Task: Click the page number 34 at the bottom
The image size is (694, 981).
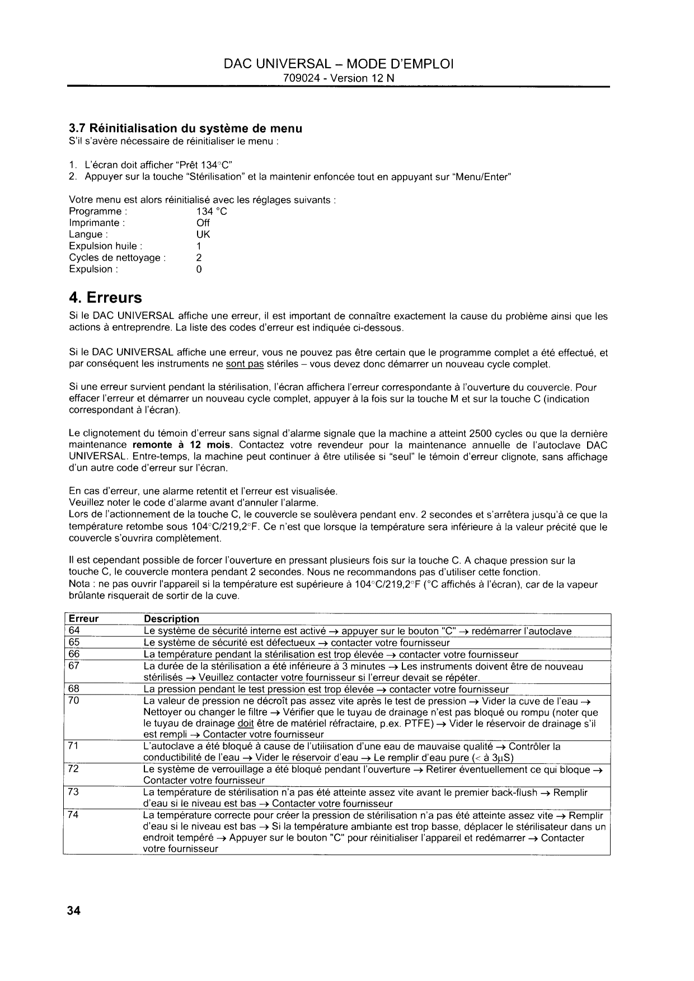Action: click(x=74, y=911)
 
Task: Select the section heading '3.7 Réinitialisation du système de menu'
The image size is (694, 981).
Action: click(x=185, y=129)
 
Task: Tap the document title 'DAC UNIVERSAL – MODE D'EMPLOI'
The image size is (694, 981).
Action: click(x=339, y=64)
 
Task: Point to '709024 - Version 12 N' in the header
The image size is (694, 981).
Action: click(x=339, y=78)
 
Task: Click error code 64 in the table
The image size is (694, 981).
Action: click(x=74, y=631)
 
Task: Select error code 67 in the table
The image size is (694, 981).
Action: click(x=74, y=666)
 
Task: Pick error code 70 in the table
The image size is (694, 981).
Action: click(x=74, y=701)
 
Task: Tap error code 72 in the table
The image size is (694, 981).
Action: click(x=74, y=769)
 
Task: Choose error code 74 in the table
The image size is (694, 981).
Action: click(x=74, y=815)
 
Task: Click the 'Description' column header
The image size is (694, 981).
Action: click(x=171, y=619)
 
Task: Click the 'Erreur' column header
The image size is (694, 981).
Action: click(x=83, y=619)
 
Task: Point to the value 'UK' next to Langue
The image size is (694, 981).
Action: click(x=203, y=234)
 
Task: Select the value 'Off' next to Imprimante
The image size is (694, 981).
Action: click(x=203, y=223)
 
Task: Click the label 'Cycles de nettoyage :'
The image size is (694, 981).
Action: click(x=117, y=258)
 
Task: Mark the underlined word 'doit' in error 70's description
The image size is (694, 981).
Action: click(x=246, y=724)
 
